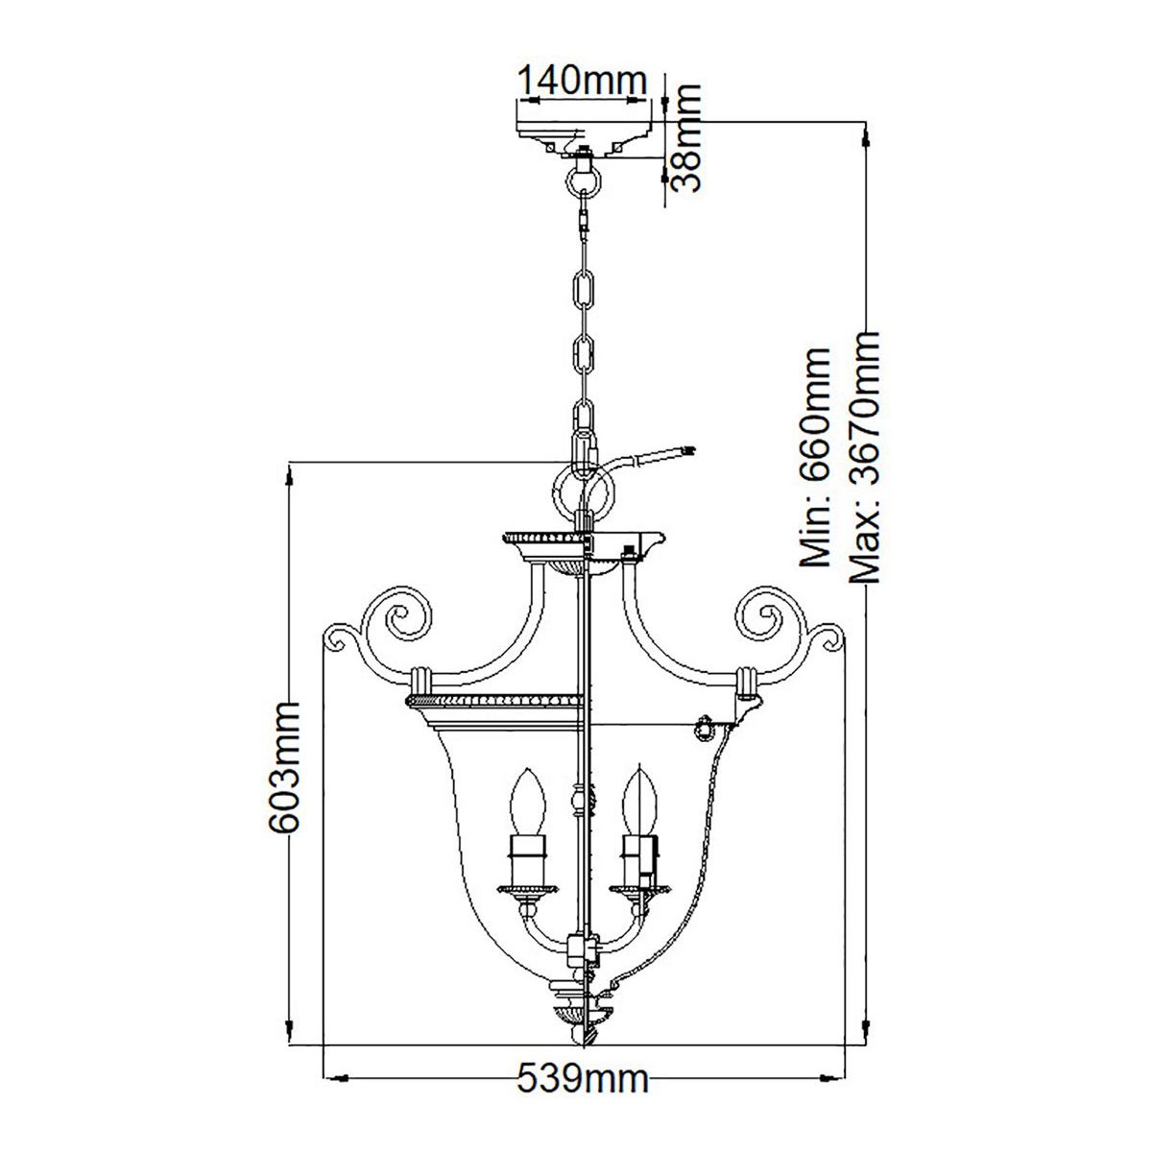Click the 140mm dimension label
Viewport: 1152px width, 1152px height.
tap(581, 81)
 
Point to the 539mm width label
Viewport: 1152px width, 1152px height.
tap(583, 1078)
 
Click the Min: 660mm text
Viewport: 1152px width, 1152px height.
tap(815, 457)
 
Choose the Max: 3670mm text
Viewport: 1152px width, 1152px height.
tap(865, 457)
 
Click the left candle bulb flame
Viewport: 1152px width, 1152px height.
tap(528, 801)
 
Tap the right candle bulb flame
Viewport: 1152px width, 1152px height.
tap(639, 801)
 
